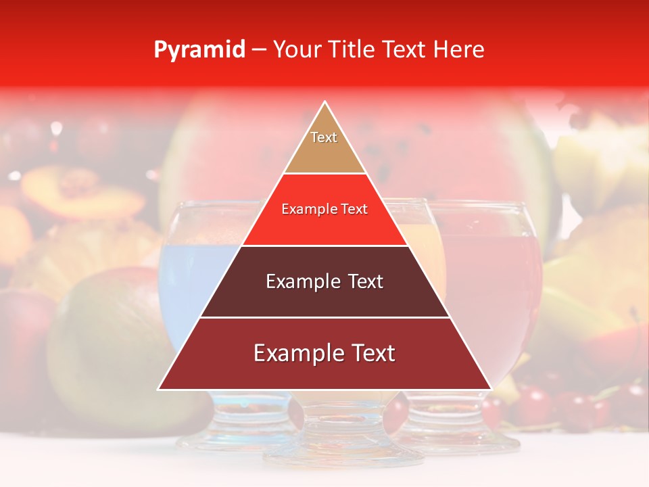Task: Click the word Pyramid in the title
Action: tap(199, 50)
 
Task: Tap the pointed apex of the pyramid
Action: tap(325, 103)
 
